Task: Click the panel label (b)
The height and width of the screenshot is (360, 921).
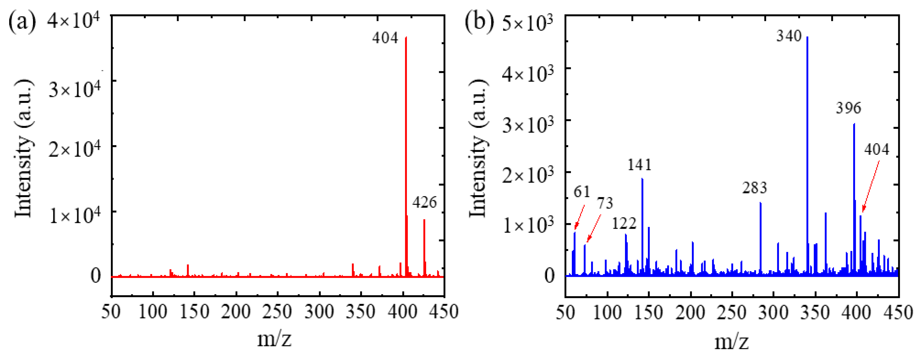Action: [479, 21]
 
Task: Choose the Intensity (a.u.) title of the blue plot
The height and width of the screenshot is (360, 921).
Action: [478, 148]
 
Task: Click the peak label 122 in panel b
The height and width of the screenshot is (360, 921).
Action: [624, 224]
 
